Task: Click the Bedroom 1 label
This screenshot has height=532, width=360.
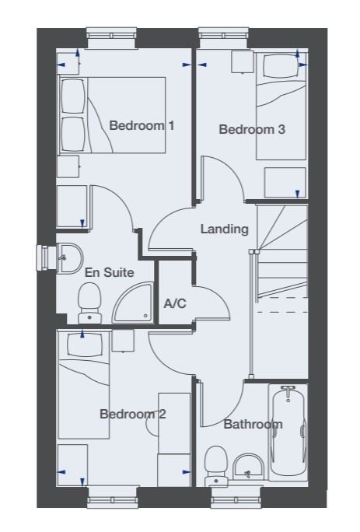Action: (142, 125)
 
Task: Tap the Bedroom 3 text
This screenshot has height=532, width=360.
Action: (252, 129)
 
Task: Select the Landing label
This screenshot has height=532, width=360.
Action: (224, 229)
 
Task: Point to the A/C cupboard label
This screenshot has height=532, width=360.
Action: (175, 303)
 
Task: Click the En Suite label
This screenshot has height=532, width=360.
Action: (109, 272)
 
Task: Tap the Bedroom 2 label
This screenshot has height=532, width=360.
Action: (133, 415)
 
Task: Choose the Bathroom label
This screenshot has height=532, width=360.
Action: (253, 424)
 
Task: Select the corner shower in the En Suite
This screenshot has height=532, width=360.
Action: (132, 303)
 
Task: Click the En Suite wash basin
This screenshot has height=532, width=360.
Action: (69, 258)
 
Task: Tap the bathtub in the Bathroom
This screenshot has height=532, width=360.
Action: (288, 432)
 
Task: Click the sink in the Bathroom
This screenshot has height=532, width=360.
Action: (248, 467)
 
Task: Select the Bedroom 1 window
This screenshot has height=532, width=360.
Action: (112, 37)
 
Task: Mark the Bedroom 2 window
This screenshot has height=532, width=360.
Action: (113, 497)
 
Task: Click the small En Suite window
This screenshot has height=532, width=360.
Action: (46, 258)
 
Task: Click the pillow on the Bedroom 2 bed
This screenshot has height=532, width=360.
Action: (85, 345)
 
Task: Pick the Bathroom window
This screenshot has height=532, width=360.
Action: (236, 498)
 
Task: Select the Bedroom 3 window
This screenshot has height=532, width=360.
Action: (224, 37)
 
